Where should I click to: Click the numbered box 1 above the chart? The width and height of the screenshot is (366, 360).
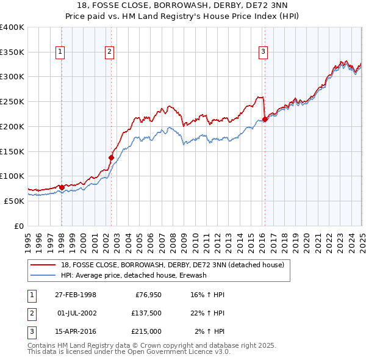(x=61, y=52)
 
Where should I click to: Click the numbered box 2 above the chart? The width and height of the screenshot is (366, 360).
(x=109, y=52)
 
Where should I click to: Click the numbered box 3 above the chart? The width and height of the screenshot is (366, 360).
(x=263, y=52)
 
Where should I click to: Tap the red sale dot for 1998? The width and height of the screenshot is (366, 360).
(x=62, y=187)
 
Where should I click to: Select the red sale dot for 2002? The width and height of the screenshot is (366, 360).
(x=112, y=157)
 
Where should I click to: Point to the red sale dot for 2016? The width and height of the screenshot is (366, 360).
(x=265, y=119)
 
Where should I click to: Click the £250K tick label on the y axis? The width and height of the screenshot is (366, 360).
(x=12, y=101)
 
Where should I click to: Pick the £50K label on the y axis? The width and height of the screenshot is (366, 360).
(x=14, y=201)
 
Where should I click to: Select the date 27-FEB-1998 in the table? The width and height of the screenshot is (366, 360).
(x=76, y=295)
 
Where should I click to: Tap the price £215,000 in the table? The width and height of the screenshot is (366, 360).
(x=147, y=331)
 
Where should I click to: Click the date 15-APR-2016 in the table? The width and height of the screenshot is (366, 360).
(x=76, y=331)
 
